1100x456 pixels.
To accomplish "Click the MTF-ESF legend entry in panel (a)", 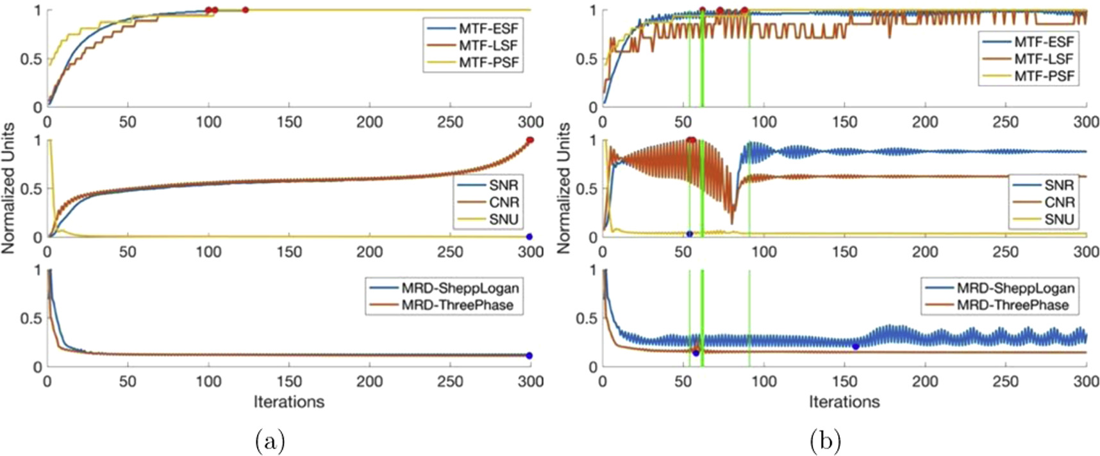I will click(488, 28).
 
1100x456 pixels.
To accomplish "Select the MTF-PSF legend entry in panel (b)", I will click(1044, 76).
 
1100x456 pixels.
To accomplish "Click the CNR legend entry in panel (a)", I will click(503, 202).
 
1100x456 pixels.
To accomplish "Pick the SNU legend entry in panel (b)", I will click(1058, 219).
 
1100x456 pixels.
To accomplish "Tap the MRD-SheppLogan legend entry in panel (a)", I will click(460, 287).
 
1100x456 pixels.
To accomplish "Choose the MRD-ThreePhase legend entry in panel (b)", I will click(1013, 305).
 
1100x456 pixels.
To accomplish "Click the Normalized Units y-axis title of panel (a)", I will click(8, 189).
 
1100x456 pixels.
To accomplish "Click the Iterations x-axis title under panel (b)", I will click(844, 402).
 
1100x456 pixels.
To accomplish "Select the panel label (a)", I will click(270, 441).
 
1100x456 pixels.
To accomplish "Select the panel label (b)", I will click(826, 441).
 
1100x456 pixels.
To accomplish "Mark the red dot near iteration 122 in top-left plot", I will click(245, 10).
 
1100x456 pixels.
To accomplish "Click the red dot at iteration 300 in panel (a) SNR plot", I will click(529, 140).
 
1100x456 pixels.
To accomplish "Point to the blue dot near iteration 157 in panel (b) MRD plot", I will click(855, 346).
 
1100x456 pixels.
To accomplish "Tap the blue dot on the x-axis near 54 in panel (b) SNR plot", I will click(689, 234).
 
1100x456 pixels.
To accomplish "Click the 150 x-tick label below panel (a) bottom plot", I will click(288, 382).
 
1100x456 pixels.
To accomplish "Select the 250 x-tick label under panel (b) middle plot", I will click(1005, 252).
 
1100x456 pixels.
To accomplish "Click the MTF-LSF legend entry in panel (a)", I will click(488, 46).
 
